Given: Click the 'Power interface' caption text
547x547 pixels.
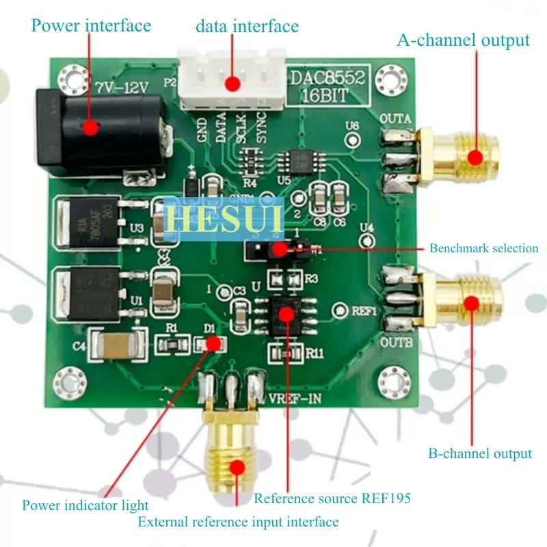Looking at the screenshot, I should (x=91, y=26).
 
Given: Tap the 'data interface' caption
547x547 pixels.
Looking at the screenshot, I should (x=247, y=27).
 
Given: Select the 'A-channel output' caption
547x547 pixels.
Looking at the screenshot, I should (x=463, y=40).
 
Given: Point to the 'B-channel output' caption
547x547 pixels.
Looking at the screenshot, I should (x=479, y=453).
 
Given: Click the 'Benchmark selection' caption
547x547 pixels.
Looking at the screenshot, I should (x=483, y=248).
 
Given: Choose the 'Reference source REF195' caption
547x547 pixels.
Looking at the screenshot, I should (x=332, y=498).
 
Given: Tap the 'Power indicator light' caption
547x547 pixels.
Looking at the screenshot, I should (x=85, y=506).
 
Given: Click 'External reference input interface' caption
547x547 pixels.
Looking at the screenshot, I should (x=238, y=522).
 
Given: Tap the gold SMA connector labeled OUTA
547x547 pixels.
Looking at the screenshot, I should (x=465, y=156).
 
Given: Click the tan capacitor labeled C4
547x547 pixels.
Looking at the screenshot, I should (x=118, y=345).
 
